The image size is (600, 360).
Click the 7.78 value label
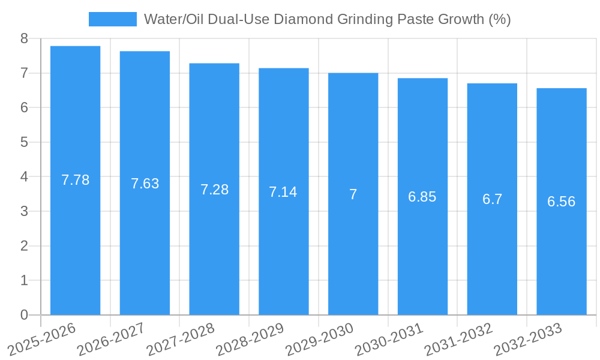tap(75, 180)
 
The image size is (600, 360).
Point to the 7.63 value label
tap(145, 184)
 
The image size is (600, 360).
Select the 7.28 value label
tap(214, 190)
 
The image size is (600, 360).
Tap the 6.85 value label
tap(422, 197)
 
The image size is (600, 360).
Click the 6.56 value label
tap(561, 202)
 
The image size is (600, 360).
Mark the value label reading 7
tap(353, 194)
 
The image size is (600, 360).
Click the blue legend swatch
tap(112, 19)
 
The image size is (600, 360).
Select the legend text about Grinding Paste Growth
tap(327, 19)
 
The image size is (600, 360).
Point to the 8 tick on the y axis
tap(24, 38)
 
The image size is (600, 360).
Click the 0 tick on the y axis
tap(24, 315)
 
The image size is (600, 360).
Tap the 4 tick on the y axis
tap(24, 177)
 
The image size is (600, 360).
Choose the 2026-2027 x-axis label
tap(110, 340)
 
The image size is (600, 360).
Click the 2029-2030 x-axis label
tap(319, 340)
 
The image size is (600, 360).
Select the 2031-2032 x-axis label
tap(458, 340)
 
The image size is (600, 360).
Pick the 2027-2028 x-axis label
tap(180, 340)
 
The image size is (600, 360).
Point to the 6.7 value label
tap(492, 199)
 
